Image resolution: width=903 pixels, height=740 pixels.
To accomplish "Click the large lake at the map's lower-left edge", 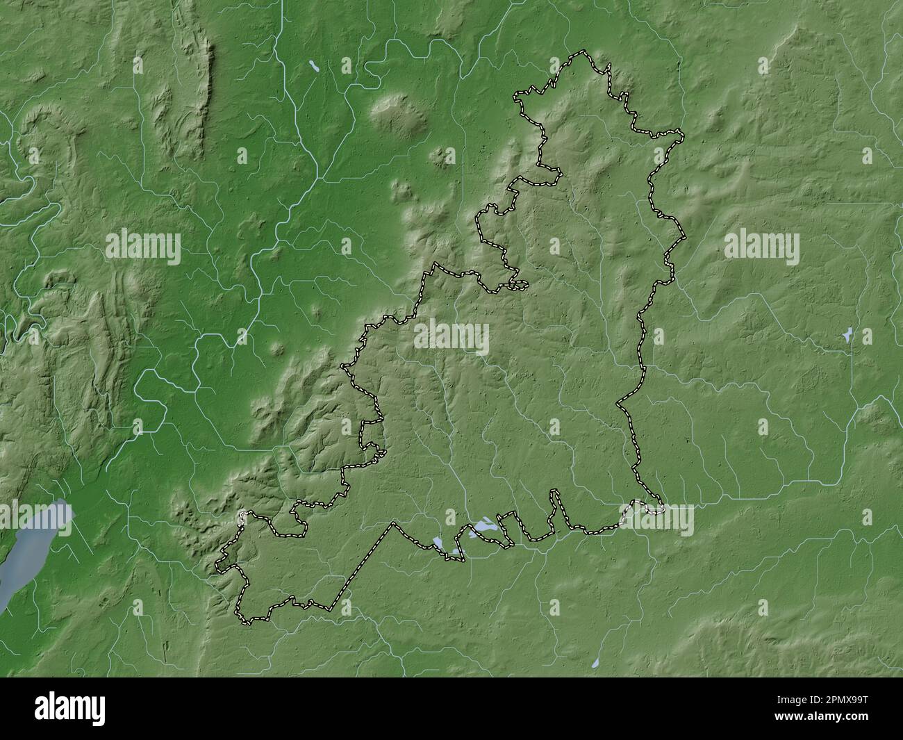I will (x=38, y=549).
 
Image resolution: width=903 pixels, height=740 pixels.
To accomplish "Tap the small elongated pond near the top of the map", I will (x=315, y=66).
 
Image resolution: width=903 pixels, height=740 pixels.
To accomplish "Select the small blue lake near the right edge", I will (x=847, y=336).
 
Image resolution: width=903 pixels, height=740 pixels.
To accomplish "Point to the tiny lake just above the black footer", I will (x=596, y=664).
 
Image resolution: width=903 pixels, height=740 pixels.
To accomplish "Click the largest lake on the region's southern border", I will (x=484, y=527).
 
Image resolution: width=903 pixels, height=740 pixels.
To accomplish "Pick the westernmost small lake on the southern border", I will (x=438, y=541).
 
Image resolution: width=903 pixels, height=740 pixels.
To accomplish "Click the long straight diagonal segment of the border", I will (x=361, y=566).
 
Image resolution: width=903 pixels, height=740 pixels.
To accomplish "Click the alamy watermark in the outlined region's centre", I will (x=451, y=339).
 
